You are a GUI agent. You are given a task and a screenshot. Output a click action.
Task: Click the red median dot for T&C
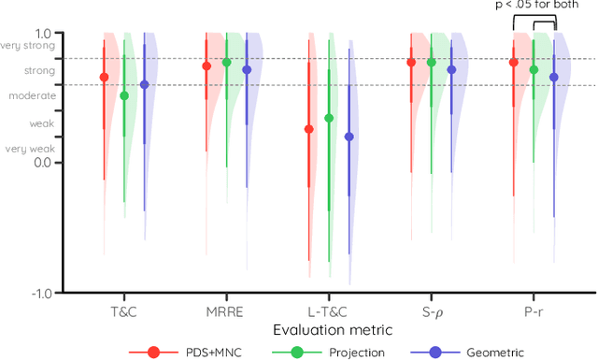pyautogui.click(x=104, y=78)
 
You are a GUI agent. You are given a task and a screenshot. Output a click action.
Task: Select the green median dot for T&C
pyautogui.click(x=124, y=95)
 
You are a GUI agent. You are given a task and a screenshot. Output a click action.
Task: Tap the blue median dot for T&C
pyautogui.click(x=144, y=84)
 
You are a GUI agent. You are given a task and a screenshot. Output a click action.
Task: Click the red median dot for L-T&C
pyautogui.click(x=308, y=129)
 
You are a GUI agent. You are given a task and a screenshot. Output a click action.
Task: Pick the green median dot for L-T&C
pyautogui.click(x=329, y=118)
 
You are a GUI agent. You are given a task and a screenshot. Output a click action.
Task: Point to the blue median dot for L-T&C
pyautogui.click(x=349, y=137)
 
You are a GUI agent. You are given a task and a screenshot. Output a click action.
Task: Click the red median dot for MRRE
pyautogui.click(x=206, y=66)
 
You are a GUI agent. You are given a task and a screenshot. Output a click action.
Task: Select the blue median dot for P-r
pyautogui.click(x=554, y=78)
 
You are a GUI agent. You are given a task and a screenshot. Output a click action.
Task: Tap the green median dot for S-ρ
pyautogui.click(x=432, y=63)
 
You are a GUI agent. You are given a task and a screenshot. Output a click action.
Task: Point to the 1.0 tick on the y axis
pyautogui.click(x=44, y=32)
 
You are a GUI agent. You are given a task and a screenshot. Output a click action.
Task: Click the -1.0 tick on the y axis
pyautogui.click(x=41, y=293)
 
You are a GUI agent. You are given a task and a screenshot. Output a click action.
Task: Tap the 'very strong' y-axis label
pyautogui.click(x=29, y=45)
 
